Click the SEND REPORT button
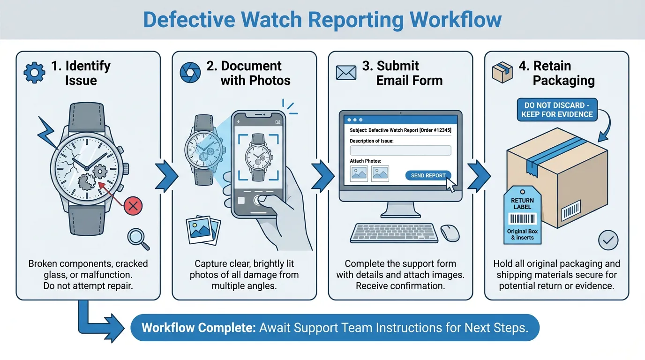(x=428, y=175)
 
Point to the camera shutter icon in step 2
(x=190, y=73)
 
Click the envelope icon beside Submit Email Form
(x=346, y=73)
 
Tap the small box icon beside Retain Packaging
(x=502, y=73)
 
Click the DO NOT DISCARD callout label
(x=557, y=110)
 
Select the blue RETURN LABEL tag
(x=522, y=216)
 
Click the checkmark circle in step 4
(x=608, y=240)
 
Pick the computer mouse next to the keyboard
(x=450, y=232)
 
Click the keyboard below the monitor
(x=394, y=233)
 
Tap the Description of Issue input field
(x=400, y=150)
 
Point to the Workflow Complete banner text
(x=335, y=327)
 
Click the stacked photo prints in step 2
(x=203, y=230)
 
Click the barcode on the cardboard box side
(x=571, y=210)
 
